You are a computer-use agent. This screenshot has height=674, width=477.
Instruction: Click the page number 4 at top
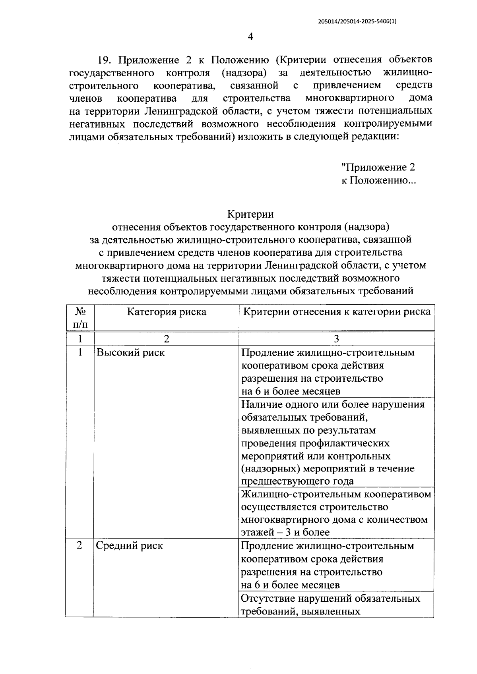250,37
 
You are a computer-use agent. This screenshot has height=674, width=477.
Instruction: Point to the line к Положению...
378,180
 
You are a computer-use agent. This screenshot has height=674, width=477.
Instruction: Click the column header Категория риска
166,312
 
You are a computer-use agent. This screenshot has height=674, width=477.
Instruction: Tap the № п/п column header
79,318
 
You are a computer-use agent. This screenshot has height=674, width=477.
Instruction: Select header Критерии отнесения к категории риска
336,312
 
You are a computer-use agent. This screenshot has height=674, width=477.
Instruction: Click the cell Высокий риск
130,352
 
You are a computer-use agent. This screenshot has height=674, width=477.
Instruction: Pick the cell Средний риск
129,546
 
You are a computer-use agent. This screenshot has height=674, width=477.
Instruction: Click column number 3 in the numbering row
336,339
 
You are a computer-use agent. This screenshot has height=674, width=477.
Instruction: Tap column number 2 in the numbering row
166,339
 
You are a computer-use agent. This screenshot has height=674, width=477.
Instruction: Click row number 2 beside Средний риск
79,546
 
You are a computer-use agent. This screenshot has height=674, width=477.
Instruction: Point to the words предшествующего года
297,481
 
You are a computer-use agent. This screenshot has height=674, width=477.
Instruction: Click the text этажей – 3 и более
285,532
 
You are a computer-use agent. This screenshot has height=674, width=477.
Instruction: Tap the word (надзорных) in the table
270,468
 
